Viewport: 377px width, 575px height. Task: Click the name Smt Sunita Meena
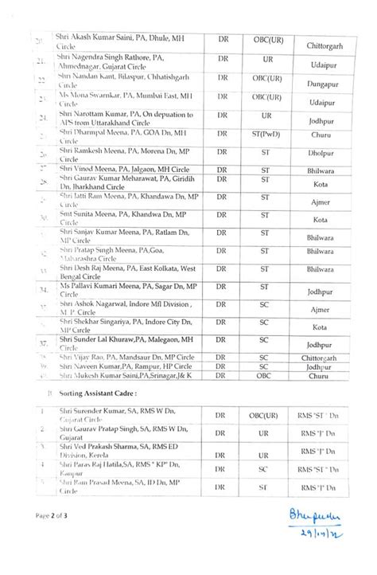(x=85, y=215)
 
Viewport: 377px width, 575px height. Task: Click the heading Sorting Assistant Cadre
(x=95, y=393)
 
